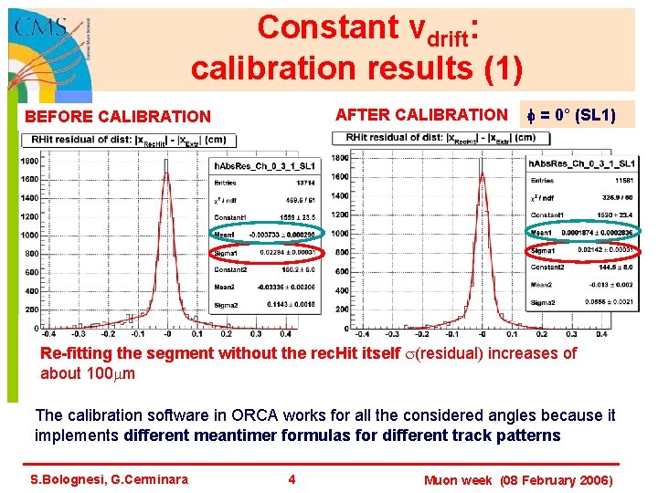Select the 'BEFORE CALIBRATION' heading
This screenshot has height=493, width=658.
click(x=117, y=116)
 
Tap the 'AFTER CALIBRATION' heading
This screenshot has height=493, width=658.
click(x=421, y=114)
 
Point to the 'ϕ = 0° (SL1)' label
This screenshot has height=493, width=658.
click(x=572, y=115)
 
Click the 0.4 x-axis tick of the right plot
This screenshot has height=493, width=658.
click(x=598, y=334)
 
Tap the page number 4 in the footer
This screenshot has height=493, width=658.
click(x=292, y=479)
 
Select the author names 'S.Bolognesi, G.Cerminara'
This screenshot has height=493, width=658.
click(x=109, y=479)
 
